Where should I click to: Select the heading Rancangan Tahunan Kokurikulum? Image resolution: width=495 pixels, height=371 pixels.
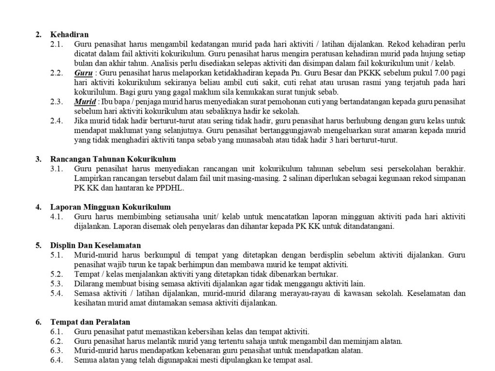tap(113, 159)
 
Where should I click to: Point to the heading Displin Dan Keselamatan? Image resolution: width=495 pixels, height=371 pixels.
tap(96, 245)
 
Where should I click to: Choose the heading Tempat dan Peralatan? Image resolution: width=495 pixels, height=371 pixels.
tap(90, 322)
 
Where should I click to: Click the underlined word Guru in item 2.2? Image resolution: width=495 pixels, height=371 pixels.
tap(83, 73)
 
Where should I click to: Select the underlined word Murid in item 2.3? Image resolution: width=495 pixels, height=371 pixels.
tap(85, 102)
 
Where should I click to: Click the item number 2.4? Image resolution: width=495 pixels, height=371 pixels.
tap(57, 121)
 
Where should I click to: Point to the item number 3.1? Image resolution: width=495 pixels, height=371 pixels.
tap(57, 169)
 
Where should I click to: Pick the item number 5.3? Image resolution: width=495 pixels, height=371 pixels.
tap(57, 283)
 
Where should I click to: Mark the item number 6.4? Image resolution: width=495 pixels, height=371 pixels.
tap(57, 360)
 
